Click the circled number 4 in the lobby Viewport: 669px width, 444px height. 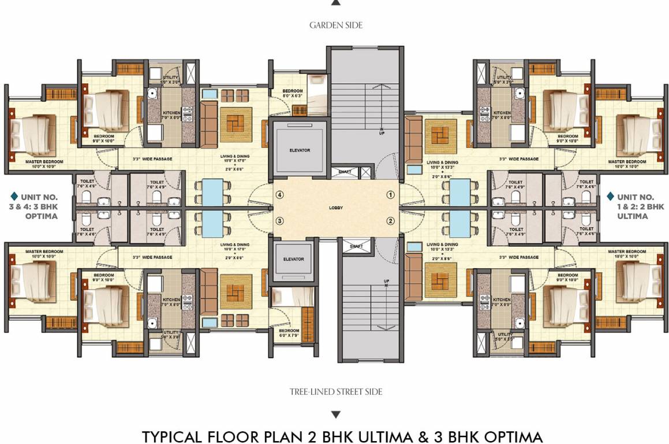[x=280, y=195]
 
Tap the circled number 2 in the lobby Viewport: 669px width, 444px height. [x=391, y=221]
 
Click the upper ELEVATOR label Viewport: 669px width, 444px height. [x=300, y=150]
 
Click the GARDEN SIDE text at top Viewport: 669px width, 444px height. [x=336, y=25]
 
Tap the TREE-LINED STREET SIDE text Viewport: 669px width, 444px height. [x=336, y=392]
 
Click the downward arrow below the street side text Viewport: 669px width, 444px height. [x=336, y=415]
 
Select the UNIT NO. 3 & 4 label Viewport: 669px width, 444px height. [x=40, y=206]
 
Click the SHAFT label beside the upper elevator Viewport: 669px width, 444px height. [x=345, y=171]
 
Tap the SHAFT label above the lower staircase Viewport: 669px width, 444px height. [x=356, y=246]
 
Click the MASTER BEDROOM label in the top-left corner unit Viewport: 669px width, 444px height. [x=41, y=161]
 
